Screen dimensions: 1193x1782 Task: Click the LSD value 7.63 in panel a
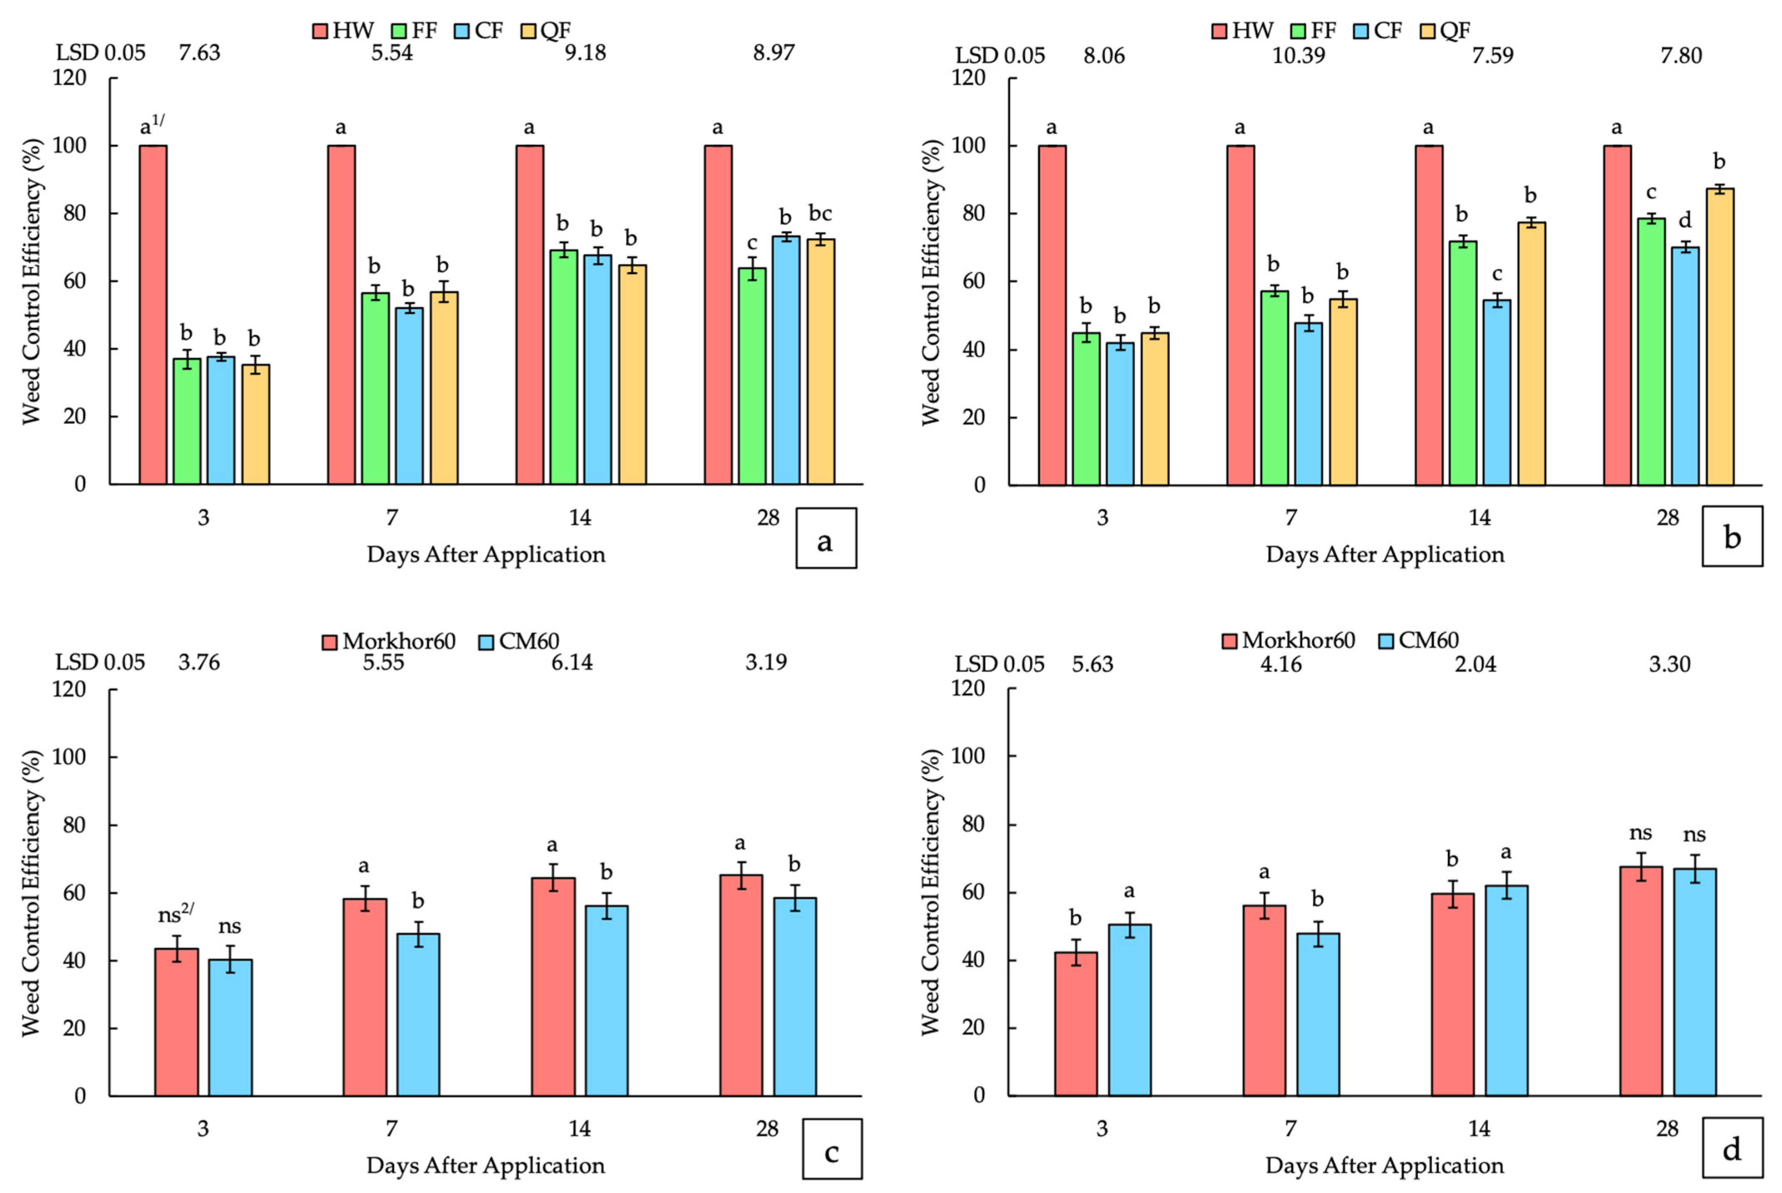tap(199, 53)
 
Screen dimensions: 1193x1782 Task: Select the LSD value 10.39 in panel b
tap(1298, 55)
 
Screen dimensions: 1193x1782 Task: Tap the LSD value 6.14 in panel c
tap(572, 663)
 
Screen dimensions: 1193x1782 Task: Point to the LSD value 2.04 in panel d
tap(1475, 664)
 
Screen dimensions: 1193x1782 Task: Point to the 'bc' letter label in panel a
tap(820, 214)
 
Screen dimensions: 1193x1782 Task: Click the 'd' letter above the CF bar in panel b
tap(1685, 221)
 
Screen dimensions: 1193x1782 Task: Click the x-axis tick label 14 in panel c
tap(580, 1128)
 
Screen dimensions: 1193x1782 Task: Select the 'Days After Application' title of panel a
tap(486, 554)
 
